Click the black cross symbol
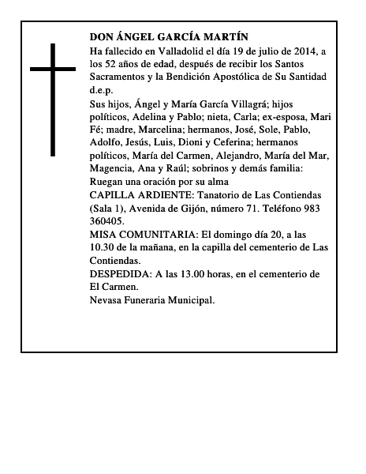[54, 100]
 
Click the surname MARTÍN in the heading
[226, 36]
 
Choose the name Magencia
[112, 168]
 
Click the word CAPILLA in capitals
[111, 194]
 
